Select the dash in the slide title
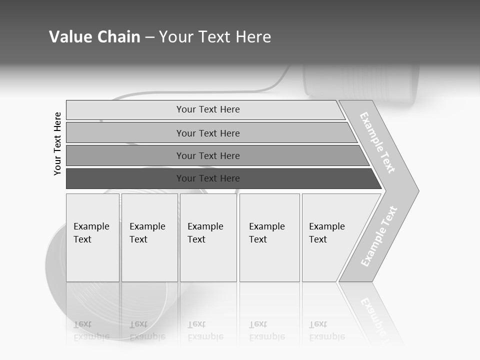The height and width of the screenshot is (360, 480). coord(149,37)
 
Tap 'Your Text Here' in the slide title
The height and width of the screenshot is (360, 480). coord(215,37)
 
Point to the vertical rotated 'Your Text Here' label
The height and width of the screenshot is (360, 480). coord(57,143)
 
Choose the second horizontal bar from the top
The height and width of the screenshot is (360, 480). coord(208,133)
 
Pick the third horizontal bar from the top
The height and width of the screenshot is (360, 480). coord(208,155)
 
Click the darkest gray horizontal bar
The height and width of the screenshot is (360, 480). coord(208,178)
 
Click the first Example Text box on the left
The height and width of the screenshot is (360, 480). coord(92,237)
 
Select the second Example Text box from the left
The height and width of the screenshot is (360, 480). coord(149,237)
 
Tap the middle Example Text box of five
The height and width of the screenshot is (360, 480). coord(208,237)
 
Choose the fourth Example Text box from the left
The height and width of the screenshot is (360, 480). coord(269,237)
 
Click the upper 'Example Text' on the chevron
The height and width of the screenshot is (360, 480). coord(377,142)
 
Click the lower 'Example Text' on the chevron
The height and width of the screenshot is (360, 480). coord(379,236)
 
